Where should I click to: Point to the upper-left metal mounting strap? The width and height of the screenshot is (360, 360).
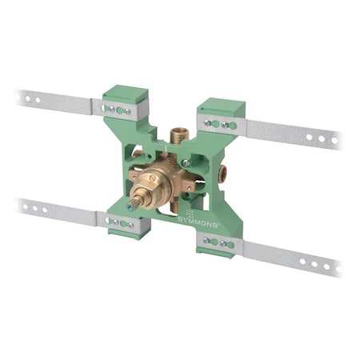[x=56, y=102]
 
